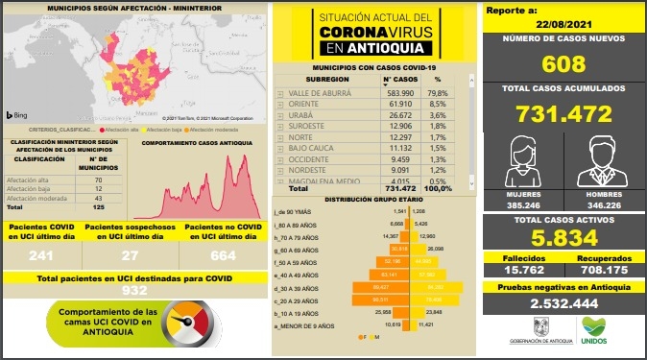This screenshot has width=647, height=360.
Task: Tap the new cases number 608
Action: point(563,65)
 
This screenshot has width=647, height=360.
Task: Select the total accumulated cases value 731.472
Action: point(563,114)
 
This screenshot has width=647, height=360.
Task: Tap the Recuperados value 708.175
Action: point(603,270)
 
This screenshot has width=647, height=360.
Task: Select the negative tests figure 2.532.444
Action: point(563,302)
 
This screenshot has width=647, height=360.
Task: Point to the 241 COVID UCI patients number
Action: point(41,255)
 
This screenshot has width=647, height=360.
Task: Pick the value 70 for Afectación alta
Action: point(99,180)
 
